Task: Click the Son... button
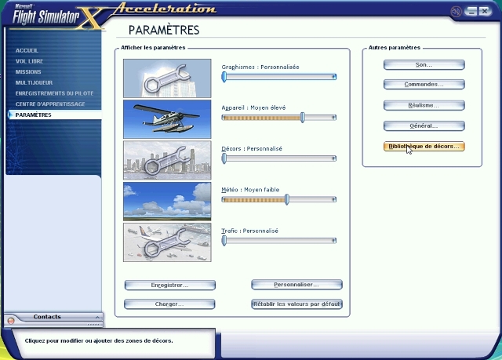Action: (x=424, y=64)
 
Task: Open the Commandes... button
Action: (x=424, y=85)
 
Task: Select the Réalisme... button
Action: (x=424, y=105)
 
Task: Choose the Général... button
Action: (x=424, y=125)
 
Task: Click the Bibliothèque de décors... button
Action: (x=424, y=146)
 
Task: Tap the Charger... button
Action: (x=169, y=304)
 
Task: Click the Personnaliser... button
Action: (x=296, y=285)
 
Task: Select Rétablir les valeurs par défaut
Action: (x=296, y=304)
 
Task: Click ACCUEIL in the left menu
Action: (x=27, y=50)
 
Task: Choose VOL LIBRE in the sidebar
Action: (x=29, y=61)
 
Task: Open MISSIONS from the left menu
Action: (x=28, y=72)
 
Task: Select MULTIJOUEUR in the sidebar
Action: (x=34, y=82)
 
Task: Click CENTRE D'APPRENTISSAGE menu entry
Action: (x=50, y=104)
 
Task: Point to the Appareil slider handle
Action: (x=303, y=118)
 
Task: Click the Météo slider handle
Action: (x=287, y=200)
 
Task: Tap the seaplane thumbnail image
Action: (x=167, y=119)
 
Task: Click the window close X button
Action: (x=486, y=12)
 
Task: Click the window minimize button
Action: (x=471, y=12)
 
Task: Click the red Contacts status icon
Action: (x=11, y=321)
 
